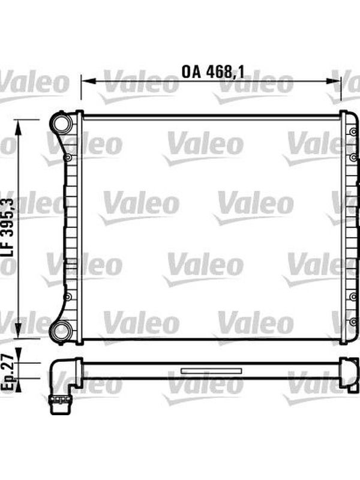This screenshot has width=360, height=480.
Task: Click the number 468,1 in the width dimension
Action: click(226, 72)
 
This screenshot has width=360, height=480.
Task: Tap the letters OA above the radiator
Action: click(191, 72)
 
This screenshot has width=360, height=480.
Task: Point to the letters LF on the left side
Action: click(8, 247)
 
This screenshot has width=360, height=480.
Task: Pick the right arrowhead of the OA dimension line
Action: click(333, 81)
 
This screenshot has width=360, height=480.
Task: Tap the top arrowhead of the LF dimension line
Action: click(19, 127)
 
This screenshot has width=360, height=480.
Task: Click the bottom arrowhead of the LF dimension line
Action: click(19, 331)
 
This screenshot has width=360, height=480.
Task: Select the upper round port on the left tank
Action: click(61, 123)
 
